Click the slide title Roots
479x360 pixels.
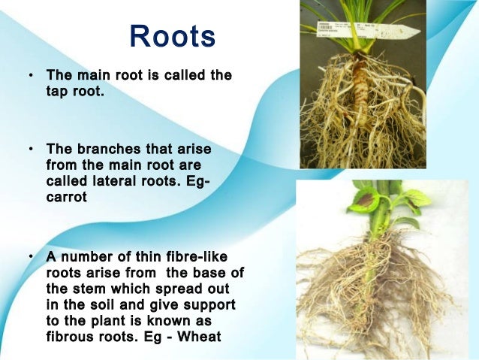point(173,37)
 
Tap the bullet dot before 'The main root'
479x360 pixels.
point(32,77)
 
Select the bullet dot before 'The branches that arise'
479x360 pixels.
point(32,150)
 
